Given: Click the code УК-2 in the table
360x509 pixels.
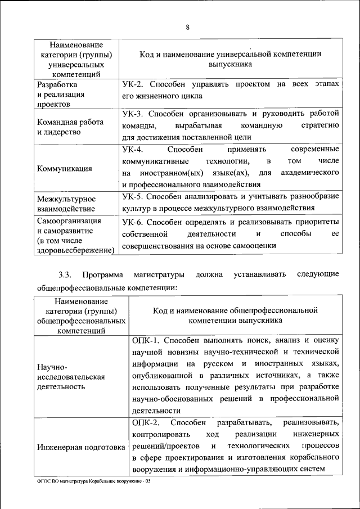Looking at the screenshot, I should click(x=133, y=84).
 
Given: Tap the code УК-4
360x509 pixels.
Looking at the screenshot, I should click(x=133, y=150).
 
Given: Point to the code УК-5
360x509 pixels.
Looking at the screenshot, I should click(x=133, y=197).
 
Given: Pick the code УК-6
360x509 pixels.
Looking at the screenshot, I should click(x=133, y=222).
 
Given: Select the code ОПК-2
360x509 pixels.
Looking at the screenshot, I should click(x=146, y=422).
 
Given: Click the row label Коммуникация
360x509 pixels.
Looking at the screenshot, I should click(x=65, y=168).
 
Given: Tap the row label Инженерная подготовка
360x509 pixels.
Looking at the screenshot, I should click(x=81, y=448).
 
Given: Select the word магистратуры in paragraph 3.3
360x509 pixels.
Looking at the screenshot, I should click(x=159, y=275).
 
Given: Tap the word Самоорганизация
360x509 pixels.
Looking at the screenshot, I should click(x=69, y=221).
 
